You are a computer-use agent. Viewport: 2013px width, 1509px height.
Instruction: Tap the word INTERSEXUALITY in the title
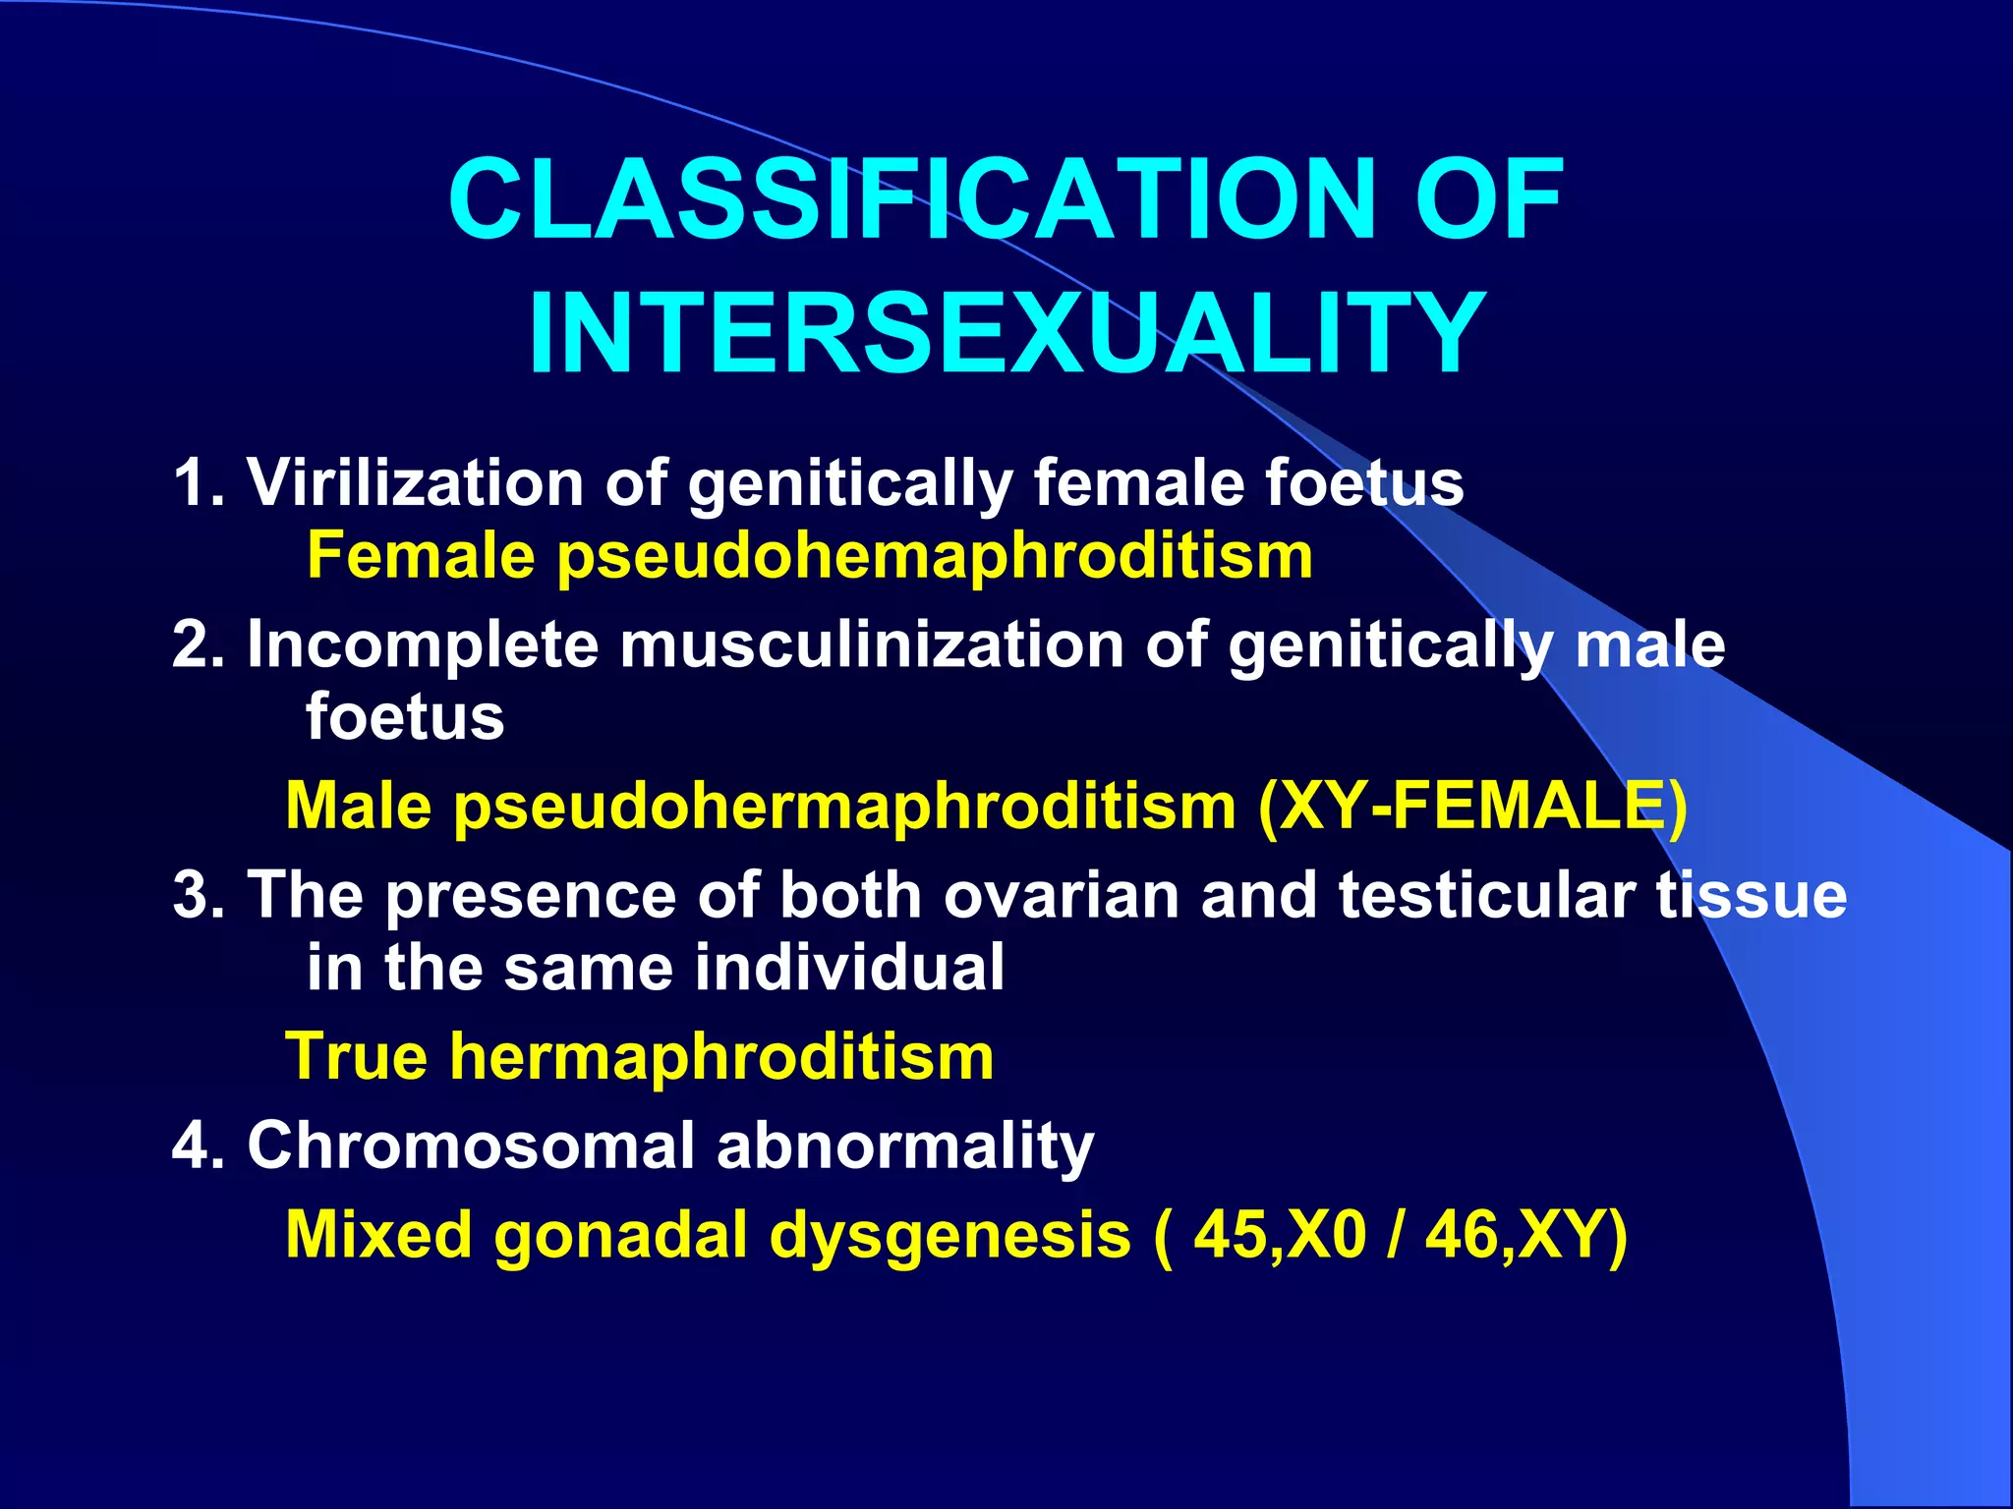(x=1006, y=334)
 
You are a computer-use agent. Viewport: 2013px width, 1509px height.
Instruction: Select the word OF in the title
(x=1488, y=201)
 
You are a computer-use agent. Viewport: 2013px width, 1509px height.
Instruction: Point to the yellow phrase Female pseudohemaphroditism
(x=809, y=556)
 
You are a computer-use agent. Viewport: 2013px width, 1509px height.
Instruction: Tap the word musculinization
(x=871, y=644)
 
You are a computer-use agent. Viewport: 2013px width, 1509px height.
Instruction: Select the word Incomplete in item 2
(x=423, y=644)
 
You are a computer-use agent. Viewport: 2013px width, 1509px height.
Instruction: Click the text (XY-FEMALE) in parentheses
(x=1471, y=807)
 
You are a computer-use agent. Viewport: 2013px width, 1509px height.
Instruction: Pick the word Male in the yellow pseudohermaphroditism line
(x=358, y=807)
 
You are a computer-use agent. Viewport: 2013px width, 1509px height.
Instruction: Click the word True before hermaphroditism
(x=356, y=1057)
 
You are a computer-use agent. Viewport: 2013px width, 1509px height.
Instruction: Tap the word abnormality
(x=904, y=1146)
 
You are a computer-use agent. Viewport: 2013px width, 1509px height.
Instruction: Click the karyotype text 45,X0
(x=1279, y=1235)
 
